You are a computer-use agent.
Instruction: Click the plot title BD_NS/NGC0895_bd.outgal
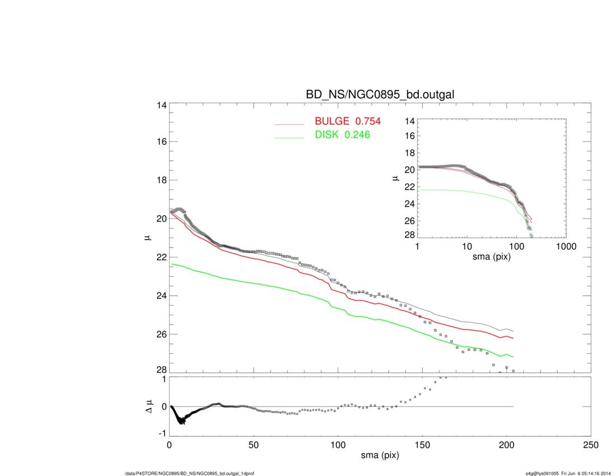(x=380, y=95)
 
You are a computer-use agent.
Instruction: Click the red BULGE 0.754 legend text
(x=348, y=122)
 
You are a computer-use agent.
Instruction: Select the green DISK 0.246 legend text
(x=342, y=135)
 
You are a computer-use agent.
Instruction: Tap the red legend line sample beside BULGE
(x=290, y=123)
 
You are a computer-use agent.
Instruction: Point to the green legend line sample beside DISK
(x=290, y=137)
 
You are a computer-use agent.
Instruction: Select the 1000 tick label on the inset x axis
(x=566, y=247)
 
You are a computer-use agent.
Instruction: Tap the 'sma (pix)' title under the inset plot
(x=492, y=258)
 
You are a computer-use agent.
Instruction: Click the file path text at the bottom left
(x=189, y=474)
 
